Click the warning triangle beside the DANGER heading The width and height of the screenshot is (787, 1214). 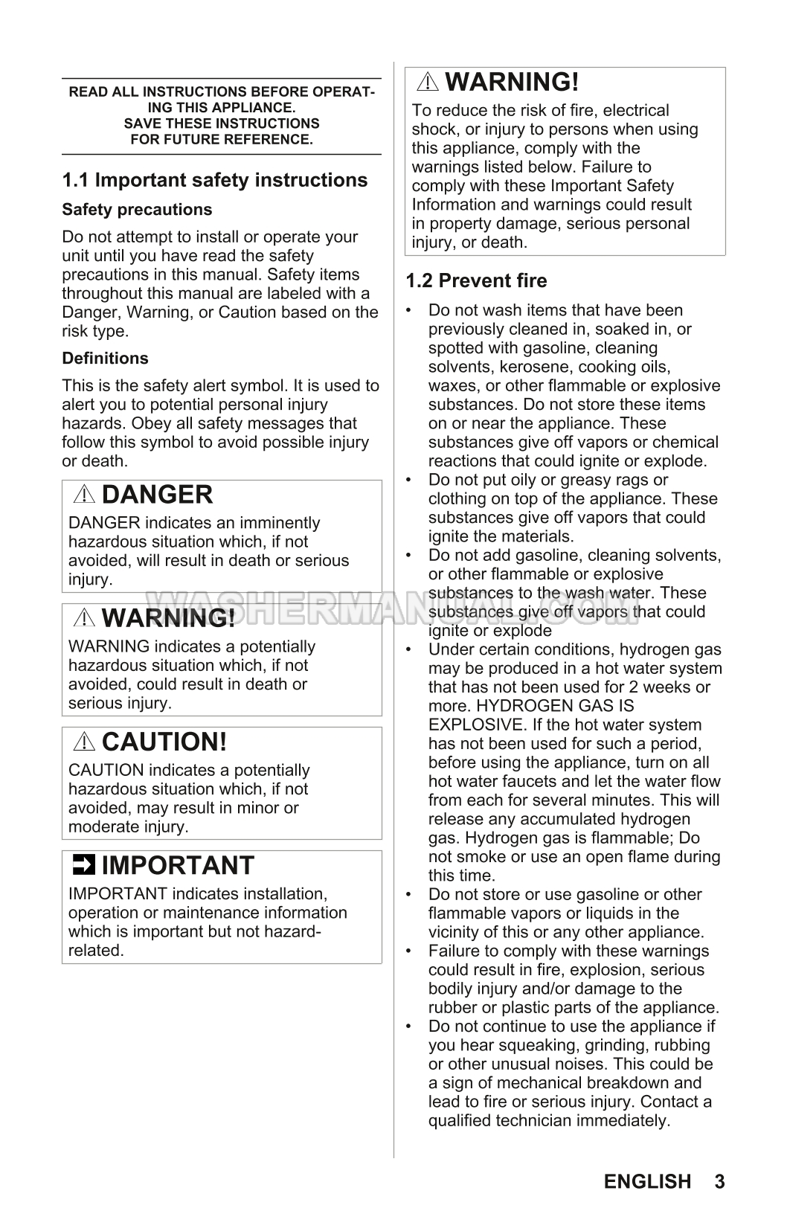tap(84, 495)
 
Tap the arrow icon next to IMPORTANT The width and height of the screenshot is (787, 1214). tap(83, 865)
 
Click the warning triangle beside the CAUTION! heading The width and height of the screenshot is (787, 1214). tap(84, 742)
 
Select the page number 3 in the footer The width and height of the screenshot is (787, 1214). tap(719, 1181)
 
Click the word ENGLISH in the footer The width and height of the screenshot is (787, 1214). tap(647, 1181)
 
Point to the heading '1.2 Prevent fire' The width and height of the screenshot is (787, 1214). tap(476, 280)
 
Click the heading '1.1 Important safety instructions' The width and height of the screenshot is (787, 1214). tap(214, 180)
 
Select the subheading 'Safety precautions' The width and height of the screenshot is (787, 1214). tap(137, 210)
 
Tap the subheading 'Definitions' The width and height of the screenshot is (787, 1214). tap(105, 359)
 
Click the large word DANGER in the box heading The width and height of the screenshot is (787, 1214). tap(157, 495)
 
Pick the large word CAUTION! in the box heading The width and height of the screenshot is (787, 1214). tap(164, 742)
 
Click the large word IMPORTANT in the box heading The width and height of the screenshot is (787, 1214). tap(178, 865)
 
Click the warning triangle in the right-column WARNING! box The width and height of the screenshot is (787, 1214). tap(428, 82)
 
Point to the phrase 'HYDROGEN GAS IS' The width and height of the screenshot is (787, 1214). tap(555, 706)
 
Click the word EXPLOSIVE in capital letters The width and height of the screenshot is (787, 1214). tap(476, 725)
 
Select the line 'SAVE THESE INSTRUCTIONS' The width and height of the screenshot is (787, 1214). tap(222, 123)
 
